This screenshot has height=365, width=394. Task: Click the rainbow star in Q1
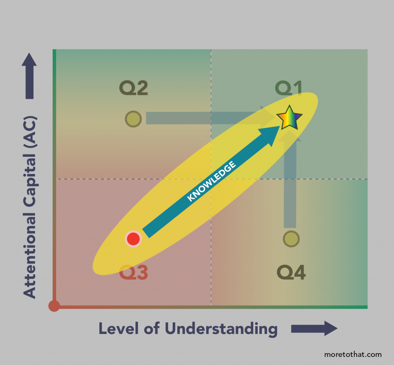[x=289, y=118]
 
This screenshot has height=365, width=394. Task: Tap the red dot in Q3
[x=133, y=239]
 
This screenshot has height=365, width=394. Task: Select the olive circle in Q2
[x=133, y=119]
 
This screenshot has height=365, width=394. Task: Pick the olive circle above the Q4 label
[x=291, y=239]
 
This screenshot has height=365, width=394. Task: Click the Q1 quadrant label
[x=289, y=88]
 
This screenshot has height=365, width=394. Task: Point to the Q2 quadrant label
[x=134, y=88]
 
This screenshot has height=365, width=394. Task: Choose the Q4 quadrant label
[x=291, y=273]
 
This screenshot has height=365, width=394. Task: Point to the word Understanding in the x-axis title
[x=221, y=329]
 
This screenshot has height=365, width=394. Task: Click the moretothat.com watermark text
[x=353, y=354]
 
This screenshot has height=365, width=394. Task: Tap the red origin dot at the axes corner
[x=54, y=306]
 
